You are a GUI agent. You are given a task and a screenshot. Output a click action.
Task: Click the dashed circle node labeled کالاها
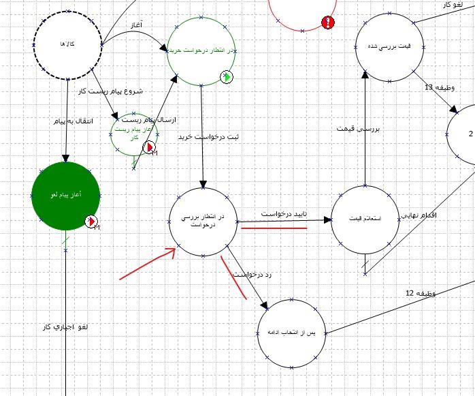tap(67, 44)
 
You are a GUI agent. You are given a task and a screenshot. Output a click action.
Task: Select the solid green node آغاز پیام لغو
tap(66, 196)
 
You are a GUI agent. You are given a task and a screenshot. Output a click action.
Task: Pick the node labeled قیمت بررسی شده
tap(388, 46)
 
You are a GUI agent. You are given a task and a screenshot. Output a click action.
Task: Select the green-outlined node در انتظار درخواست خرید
tap(201, 51)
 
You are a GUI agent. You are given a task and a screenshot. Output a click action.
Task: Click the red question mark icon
tap(328, 22)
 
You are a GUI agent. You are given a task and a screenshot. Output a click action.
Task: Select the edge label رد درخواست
tap(252, 275)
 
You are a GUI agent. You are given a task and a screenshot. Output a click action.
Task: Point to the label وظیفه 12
tap(420, 294)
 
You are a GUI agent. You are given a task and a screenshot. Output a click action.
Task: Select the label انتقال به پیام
tap(49, 121)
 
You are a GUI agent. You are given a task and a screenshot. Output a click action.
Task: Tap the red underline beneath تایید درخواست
tap(274, 228)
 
